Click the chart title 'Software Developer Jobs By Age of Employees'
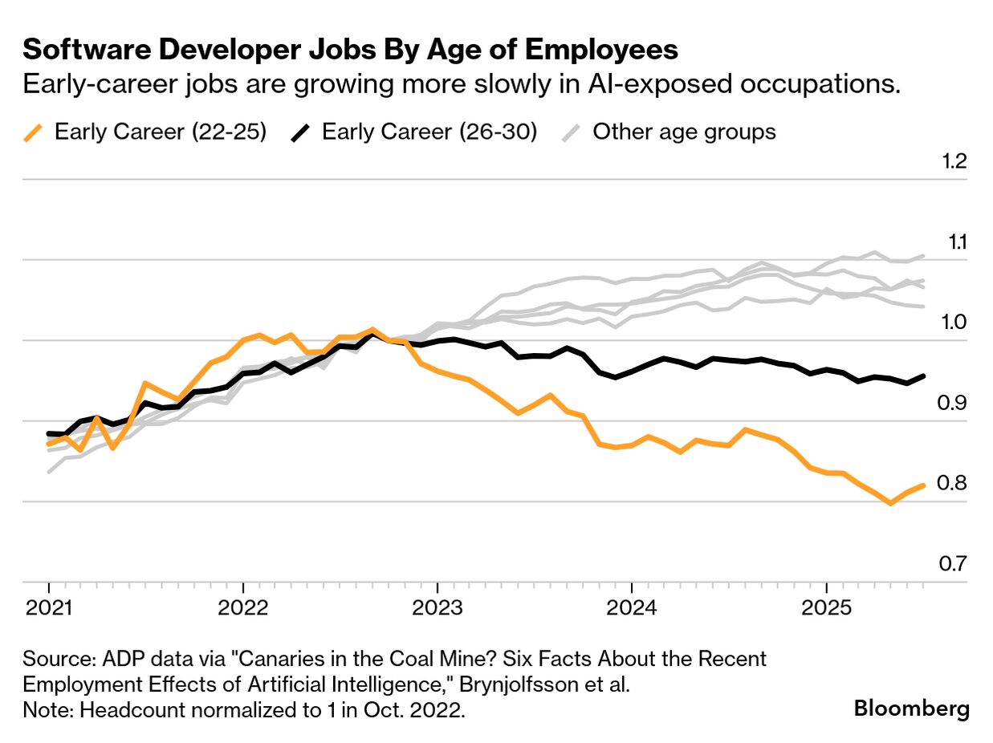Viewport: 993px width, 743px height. (350, 50)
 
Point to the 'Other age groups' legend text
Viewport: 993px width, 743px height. (684, 132)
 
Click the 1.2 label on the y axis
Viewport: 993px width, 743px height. (954, 162)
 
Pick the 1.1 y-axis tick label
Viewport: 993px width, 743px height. (954, 242)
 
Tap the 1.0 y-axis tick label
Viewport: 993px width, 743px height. (954, 323)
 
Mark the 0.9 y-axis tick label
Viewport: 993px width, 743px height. (954, 404)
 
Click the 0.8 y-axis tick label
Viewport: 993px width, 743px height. (954, 484)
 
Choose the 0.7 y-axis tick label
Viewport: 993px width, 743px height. (954, 564)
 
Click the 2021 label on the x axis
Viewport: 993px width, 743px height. (49, 607)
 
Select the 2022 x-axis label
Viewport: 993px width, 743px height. (243, 607)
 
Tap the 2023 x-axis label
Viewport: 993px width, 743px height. (437, 607)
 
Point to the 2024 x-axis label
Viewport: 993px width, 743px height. (632, 607)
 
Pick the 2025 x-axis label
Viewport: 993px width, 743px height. (826, 607)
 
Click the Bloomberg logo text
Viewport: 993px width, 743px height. (911, 709)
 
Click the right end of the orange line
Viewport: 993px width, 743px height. (925, 485)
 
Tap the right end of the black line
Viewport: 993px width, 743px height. (925, 376)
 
